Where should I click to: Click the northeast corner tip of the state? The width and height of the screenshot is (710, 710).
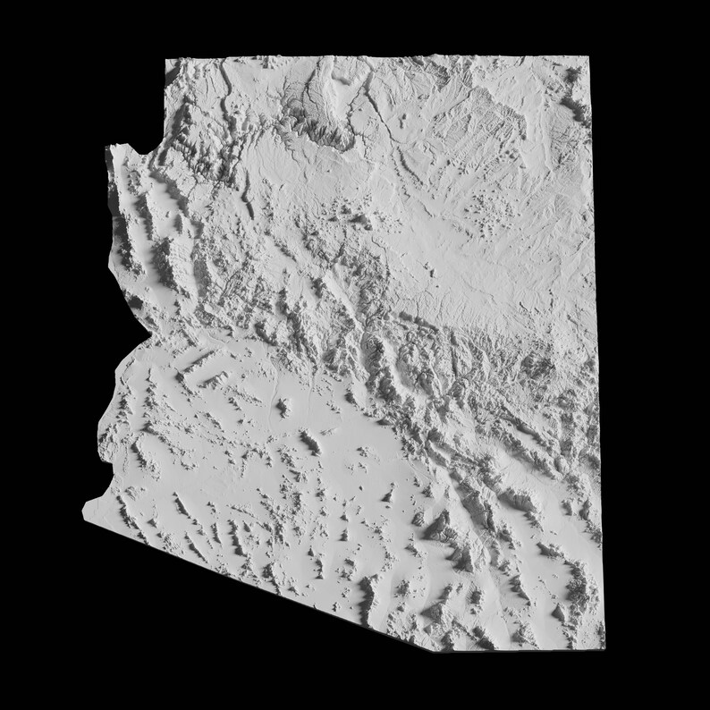pyautogui.click(x=589, y=57)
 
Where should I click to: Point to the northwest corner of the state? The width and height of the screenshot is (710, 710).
pyautogui.click(x=165, y=59)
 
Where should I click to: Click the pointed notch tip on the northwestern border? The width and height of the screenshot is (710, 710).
pyautogui.click(x=106, y=146)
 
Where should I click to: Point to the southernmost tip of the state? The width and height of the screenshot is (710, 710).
pyautogui.click(x=474, y=646)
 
